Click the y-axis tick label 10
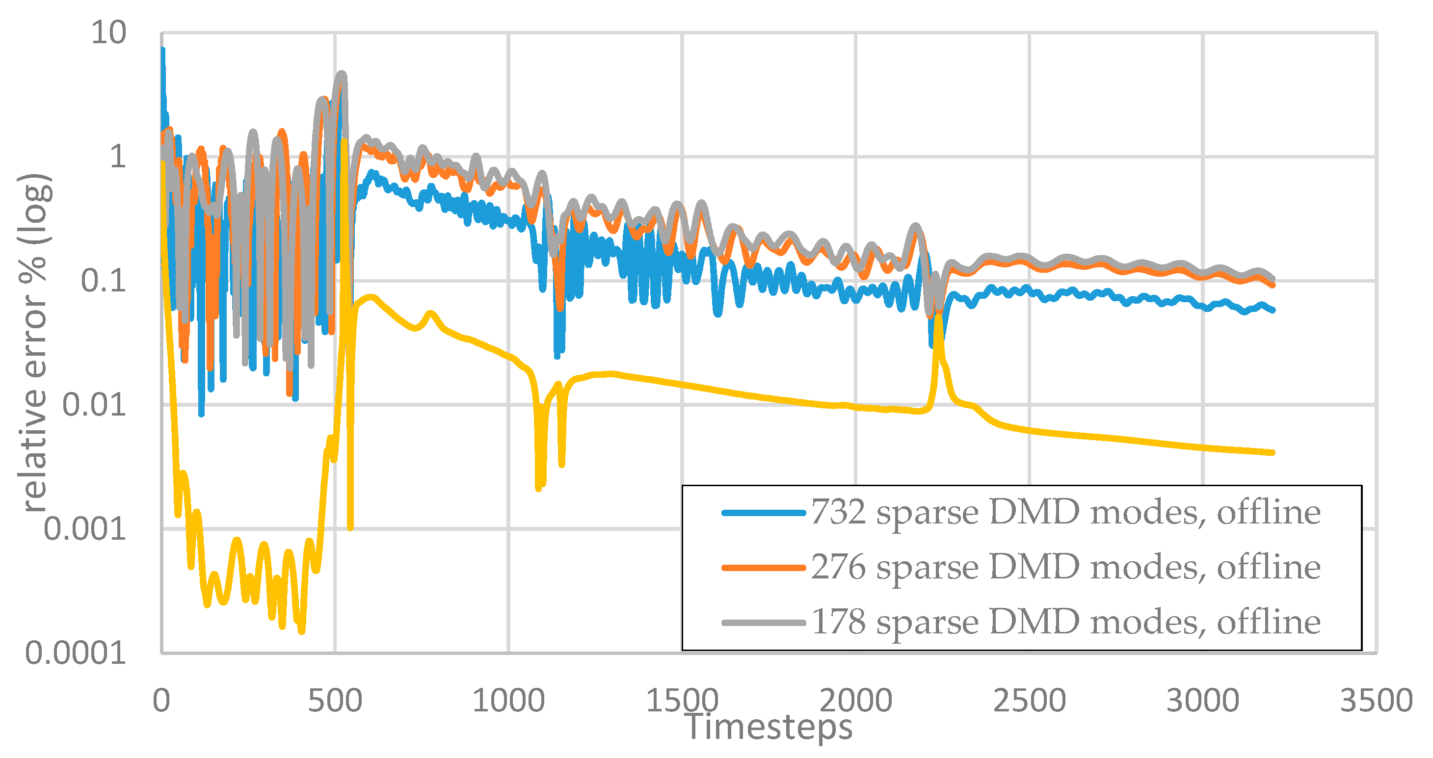pos(108,33)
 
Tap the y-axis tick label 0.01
pos(93,404)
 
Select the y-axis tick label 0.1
pos(103,280)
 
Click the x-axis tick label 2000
pos(855,700)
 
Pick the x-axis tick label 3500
pos(1376,700)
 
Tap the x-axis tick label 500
pos(335,700)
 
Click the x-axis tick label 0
pos(161,700)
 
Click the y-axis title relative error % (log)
pos(34,342)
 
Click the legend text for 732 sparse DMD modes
pos(1065,512)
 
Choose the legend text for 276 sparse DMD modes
pos(1065,567)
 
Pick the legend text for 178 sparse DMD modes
pos(1065,621)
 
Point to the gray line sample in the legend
pos(763,623)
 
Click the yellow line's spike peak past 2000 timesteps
pos(938,317)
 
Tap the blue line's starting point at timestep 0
pos(162,50)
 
